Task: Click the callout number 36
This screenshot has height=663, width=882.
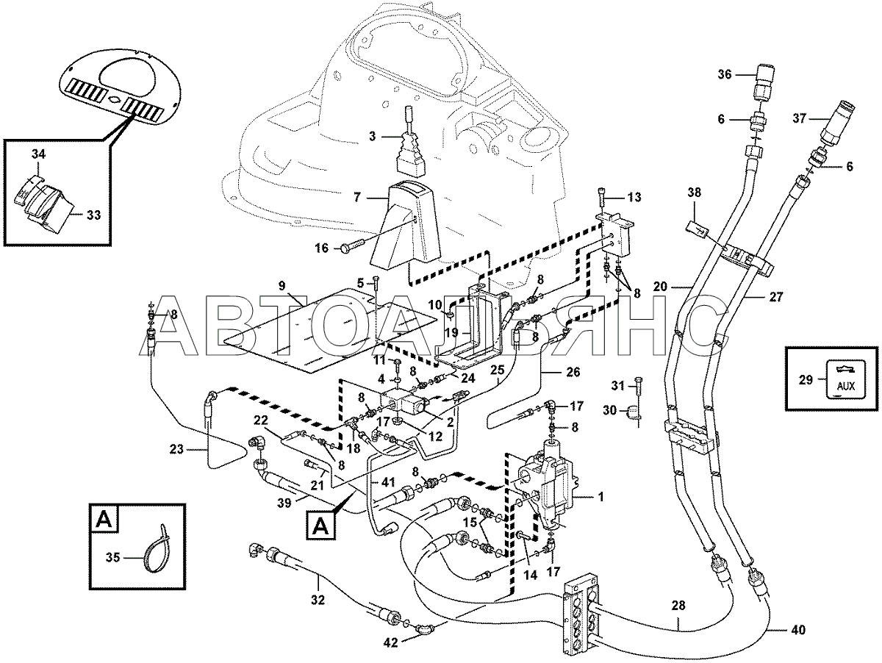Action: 725,74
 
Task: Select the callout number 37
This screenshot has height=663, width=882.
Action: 800,118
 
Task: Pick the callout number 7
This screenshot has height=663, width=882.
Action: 357,197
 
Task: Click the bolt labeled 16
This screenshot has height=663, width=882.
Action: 352,247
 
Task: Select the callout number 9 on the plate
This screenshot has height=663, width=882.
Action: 282,286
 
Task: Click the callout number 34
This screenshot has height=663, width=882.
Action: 38,154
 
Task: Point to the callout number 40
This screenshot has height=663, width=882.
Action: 797,630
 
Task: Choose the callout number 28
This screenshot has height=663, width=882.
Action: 678,606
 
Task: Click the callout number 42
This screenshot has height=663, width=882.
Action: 390,643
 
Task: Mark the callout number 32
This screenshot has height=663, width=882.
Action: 318,600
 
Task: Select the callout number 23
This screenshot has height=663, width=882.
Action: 176,449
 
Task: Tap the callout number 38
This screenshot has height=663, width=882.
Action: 695,193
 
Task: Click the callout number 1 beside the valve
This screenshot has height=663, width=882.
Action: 601,497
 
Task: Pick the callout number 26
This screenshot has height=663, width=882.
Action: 573,372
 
